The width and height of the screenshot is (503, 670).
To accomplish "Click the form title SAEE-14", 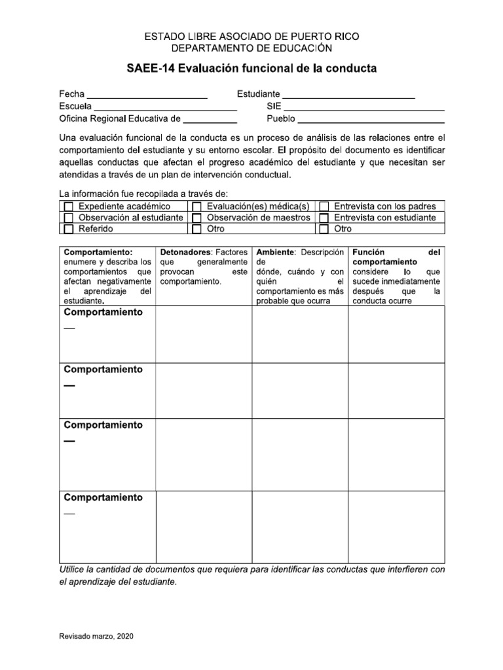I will pos(251,69).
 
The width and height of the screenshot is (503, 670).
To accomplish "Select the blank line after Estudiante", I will pos(348,96).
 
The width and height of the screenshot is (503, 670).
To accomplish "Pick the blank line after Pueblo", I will pos(371,120).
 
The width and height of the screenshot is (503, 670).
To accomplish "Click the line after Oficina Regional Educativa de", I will pos(210,120).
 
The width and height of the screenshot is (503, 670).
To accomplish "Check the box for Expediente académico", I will pos(68,207).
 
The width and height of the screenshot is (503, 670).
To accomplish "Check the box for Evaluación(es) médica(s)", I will pos(196,207).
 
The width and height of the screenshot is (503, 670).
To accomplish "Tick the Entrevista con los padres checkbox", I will pos(324,207).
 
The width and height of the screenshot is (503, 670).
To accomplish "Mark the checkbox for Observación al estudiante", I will pos(68,218).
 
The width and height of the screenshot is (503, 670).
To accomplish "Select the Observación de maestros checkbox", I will pos(196,218).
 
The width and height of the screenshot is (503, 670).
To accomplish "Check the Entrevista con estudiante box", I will pos(324,218).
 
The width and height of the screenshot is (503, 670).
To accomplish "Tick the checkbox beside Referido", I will pos(68,229).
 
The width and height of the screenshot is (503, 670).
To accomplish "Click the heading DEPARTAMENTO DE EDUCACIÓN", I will pos(251,48).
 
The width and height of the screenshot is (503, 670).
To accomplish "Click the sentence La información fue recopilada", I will pos(143,194).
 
